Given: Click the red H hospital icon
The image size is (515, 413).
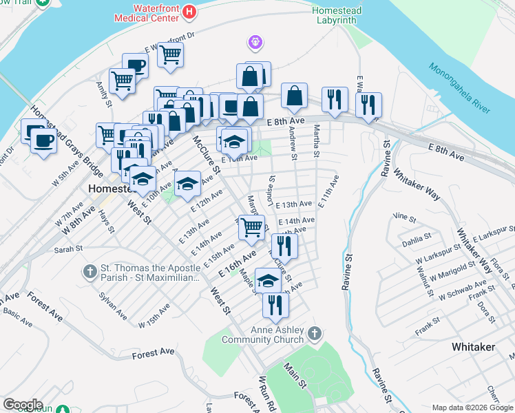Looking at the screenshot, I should pyautogui.click(x=189, y=12).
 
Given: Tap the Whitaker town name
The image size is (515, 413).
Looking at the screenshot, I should pyautogui.click(x=473, y=347).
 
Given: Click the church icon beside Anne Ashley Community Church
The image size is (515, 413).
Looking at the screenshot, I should pyautogui.click(x=315, y=334).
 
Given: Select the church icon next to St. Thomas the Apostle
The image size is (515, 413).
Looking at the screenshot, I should pyautogui.click(x=90, y=272).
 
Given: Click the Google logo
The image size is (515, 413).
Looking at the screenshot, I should pyautogui.click(x=23, y=405).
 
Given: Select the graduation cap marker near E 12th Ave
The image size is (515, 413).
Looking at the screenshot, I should pyautogui.click(x=187, y=184).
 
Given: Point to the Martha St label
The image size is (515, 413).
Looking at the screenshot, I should pyautogui.click(x=316, y=141).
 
